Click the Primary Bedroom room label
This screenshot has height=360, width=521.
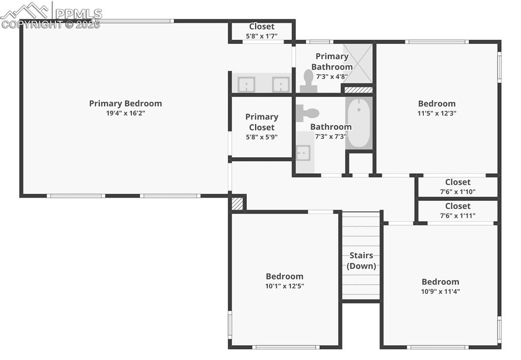tap(125, 103)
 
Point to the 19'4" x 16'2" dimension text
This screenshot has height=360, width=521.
tap(125, 113)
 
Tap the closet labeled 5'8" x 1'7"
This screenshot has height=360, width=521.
tap(262, 31)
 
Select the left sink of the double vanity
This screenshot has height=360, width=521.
tap(246, 84)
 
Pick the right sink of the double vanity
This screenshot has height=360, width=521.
tap(280, 84)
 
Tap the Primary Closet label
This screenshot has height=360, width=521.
tap(262, 122)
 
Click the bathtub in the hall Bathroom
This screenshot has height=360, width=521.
tap(359, 123)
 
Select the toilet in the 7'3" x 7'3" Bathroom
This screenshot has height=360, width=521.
tap(307, 112)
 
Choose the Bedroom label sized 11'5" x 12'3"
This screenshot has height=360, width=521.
tap(437, 104)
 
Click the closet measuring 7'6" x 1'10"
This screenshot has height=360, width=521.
tap(457, 186)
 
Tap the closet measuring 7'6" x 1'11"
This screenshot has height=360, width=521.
tap(457, 210)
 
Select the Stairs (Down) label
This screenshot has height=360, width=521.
tap(361, 260)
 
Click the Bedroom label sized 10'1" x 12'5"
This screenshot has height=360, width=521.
tap(284, 277)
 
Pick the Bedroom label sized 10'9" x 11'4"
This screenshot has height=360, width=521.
tap(440, 282)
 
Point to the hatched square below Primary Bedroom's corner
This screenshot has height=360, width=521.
tap(237, 203)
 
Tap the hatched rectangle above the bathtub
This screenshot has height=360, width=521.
tap(358, 90)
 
